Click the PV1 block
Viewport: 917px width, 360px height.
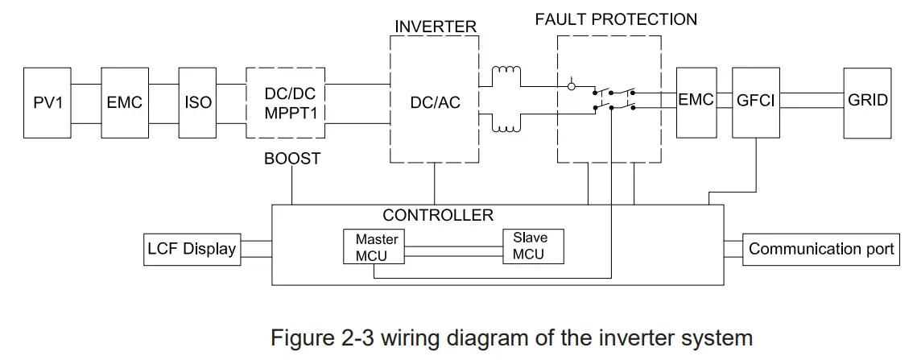coord(48,101)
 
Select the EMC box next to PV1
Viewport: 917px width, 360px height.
coord(125,101)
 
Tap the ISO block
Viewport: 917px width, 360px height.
coord(198,101)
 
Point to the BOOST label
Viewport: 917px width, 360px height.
coord(291,159)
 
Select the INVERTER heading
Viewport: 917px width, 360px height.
coord(435,27)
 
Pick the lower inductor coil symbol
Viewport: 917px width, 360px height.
coord(506,126)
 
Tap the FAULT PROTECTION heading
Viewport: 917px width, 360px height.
coord(616,19)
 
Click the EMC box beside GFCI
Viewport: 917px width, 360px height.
coord(696,101)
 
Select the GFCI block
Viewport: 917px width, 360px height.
coord(754,101)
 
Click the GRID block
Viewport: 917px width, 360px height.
coord(868,101)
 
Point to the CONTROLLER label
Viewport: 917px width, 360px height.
coord(437,215)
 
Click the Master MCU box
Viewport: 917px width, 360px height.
coord(371,246)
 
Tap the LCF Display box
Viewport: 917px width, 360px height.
coord(191,248)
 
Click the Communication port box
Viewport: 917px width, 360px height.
coord(821,248)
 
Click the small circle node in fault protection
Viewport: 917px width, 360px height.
coord(572,85)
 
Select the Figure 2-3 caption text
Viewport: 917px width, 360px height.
coord(511,337)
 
